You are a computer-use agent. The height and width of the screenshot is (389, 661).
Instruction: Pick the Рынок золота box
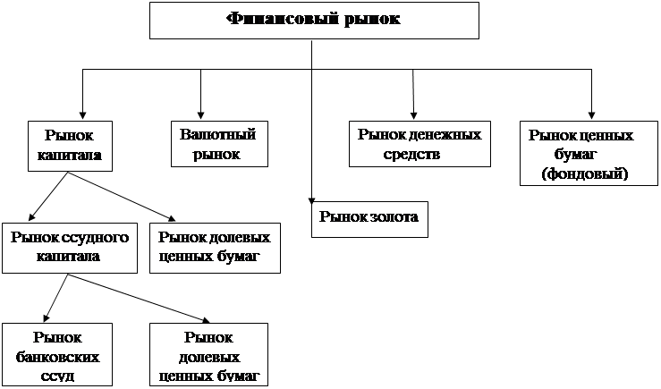(369, 217)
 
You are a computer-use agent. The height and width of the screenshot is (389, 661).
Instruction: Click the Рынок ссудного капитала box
(69, 248)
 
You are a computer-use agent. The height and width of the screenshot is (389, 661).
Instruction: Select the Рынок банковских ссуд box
(57, 355)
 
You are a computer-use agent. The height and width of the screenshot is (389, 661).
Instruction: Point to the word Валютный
(217, 135)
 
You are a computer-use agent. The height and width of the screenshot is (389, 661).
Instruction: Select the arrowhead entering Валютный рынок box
(201, 114)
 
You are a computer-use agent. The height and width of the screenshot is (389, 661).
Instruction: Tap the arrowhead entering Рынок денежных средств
(413, 114)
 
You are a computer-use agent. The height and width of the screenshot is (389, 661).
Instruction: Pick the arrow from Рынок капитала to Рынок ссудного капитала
(47, 197)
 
